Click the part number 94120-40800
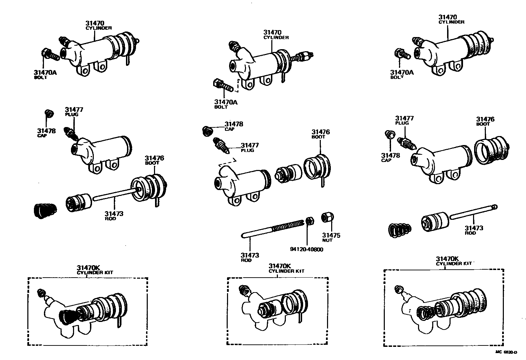[307, 249]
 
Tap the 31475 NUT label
[331, 237]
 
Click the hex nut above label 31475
[327, 217]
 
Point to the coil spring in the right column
[400, 230]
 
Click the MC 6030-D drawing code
[506, 352]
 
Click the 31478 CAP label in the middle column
[234, 126]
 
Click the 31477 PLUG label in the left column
[74, 111]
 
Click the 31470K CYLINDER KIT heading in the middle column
[286, 268]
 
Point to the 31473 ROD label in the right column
[474, 230]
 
